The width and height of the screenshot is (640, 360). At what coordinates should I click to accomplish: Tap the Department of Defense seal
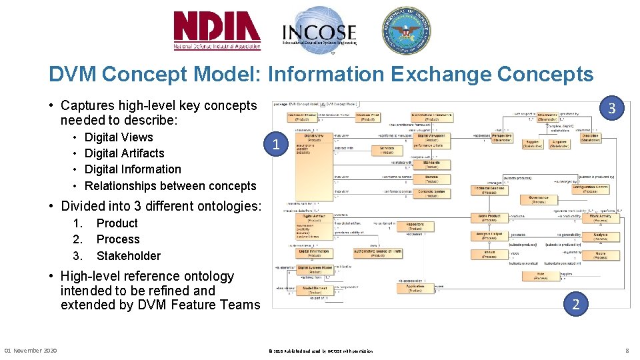pos(405,30)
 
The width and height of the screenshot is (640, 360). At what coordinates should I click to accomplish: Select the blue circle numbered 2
pos(575,304)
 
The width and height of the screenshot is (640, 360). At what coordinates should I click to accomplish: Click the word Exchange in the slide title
pos(380,74)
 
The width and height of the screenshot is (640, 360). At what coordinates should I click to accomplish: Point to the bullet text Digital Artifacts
pos(124,153)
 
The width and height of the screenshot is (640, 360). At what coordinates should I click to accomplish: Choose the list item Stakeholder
pos(129,255)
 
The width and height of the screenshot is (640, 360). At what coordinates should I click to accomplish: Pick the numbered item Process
pos(118,239)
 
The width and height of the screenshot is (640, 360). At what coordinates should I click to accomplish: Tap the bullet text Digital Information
pos(133,169)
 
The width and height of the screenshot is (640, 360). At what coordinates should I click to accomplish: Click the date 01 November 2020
pos(31,351)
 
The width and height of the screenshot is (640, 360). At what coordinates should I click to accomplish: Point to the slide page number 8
pos(627,351)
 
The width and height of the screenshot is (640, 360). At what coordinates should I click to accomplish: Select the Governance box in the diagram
pos(538,199)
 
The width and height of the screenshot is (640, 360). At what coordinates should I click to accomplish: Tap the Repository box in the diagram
pos(415,227)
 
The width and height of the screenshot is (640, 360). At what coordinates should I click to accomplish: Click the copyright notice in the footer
pos(320,351)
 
